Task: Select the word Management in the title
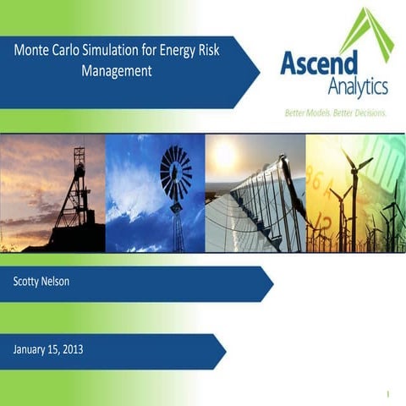117,71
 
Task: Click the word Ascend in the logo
320,62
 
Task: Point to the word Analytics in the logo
357,85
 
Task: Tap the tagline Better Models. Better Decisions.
334,112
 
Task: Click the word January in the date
34,348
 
